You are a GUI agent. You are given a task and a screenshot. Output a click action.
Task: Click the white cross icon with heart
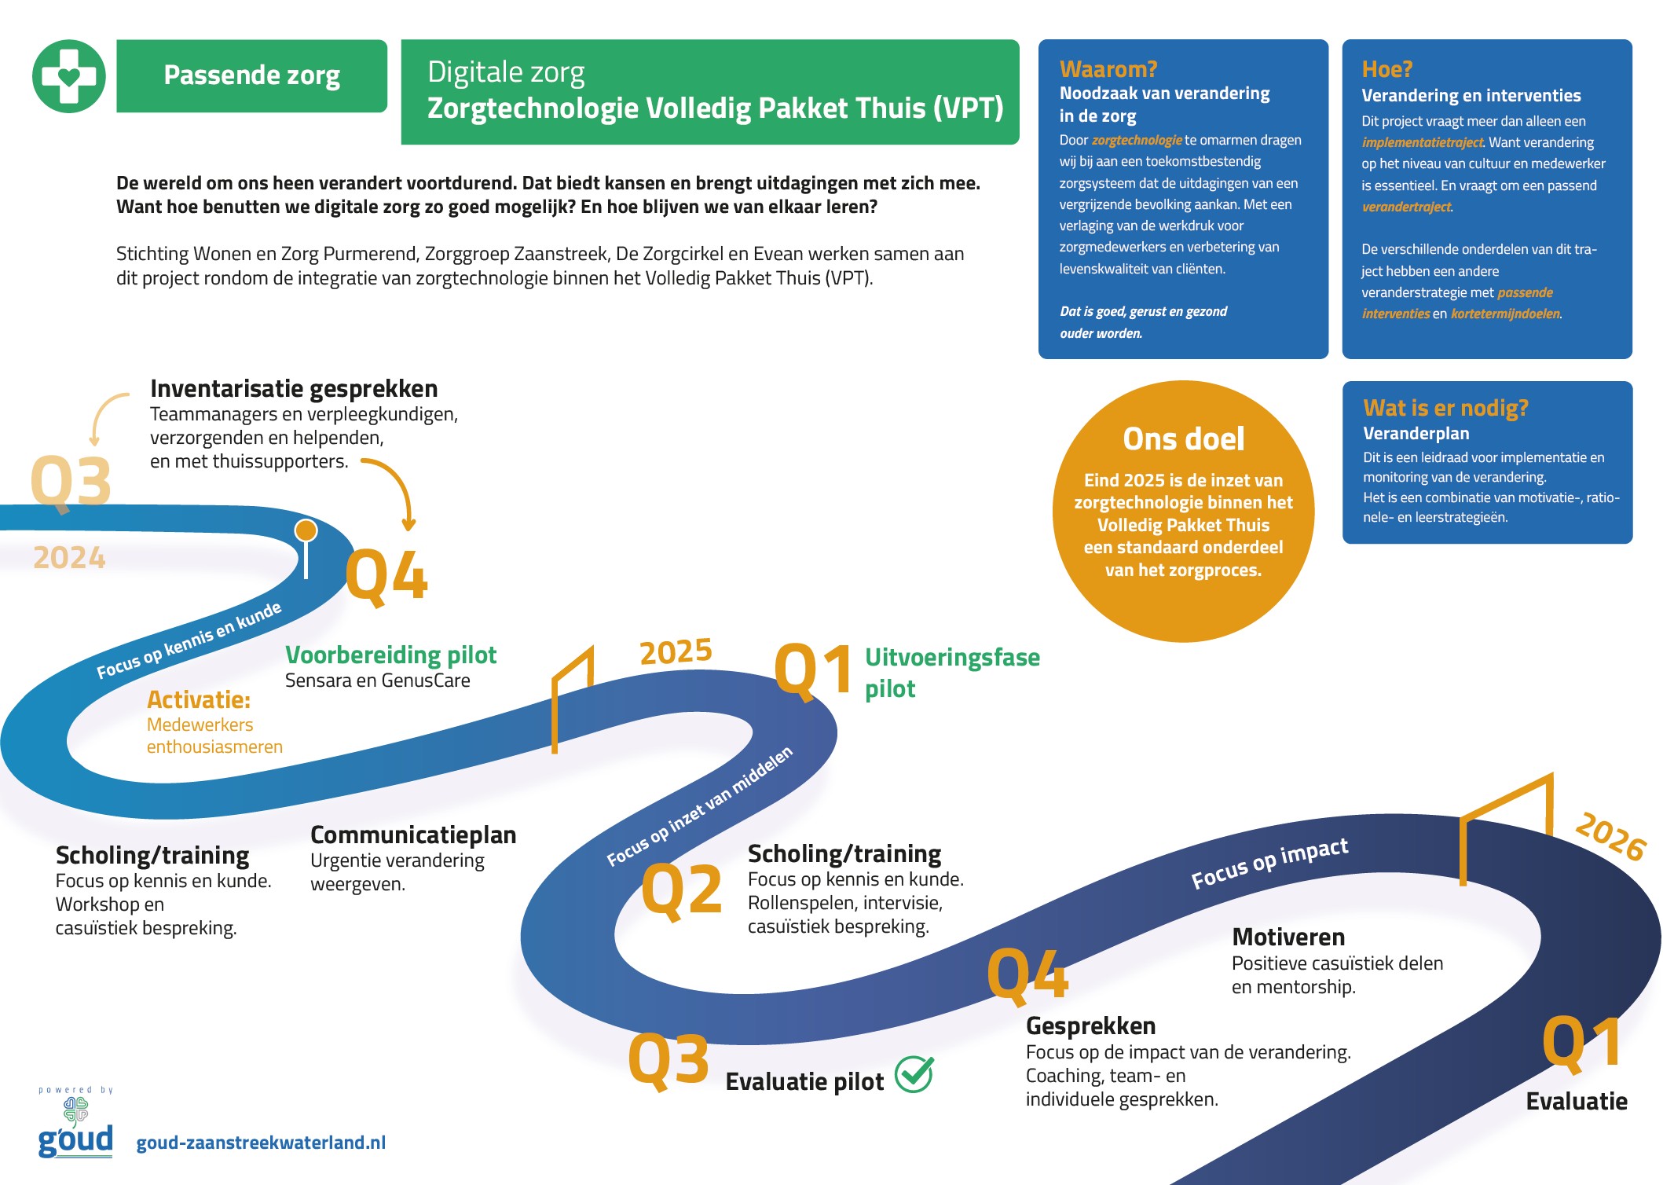click(69, 76)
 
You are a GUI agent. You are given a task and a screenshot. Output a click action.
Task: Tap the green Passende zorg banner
click(251, 76)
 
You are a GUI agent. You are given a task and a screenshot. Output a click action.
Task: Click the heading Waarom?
click(1108, 69)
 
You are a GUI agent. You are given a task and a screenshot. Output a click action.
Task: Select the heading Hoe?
click(1386, 69)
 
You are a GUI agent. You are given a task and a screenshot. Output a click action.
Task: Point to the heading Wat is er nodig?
click(1445, 408)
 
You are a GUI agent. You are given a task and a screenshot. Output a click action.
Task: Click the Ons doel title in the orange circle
click(1183, 438)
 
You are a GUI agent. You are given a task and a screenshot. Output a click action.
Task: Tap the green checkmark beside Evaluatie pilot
click(914, 1074)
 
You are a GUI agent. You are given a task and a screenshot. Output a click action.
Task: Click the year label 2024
click(69, 557)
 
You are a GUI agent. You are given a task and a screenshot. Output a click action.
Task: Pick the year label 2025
click(676, 651)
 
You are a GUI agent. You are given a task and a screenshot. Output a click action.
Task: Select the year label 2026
click(1610, 836)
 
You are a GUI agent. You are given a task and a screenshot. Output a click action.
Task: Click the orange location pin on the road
click(306, 531)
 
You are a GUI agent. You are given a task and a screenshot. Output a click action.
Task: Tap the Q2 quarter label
click(681, 890)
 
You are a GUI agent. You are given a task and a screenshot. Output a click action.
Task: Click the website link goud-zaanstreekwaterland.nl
click(261, 1143)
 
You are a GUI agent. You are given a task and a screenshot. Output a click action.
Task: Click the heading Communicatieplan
click(413, 835)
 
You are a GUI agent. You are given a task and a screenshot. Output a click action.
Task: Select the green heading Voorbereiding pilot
click(390, 655)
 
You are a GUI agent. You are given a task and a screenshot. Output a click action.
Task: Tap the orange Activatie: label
click(199, 699)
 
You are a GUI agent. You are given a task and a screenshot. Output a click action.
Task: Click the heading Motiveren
click(1288, 937)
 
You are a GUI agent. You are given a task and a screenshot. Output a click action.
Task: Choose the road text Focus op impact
click(1269, 862)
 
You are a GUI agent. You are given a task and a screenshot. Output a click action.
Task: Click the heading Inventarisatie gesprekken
click(294, 388)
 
